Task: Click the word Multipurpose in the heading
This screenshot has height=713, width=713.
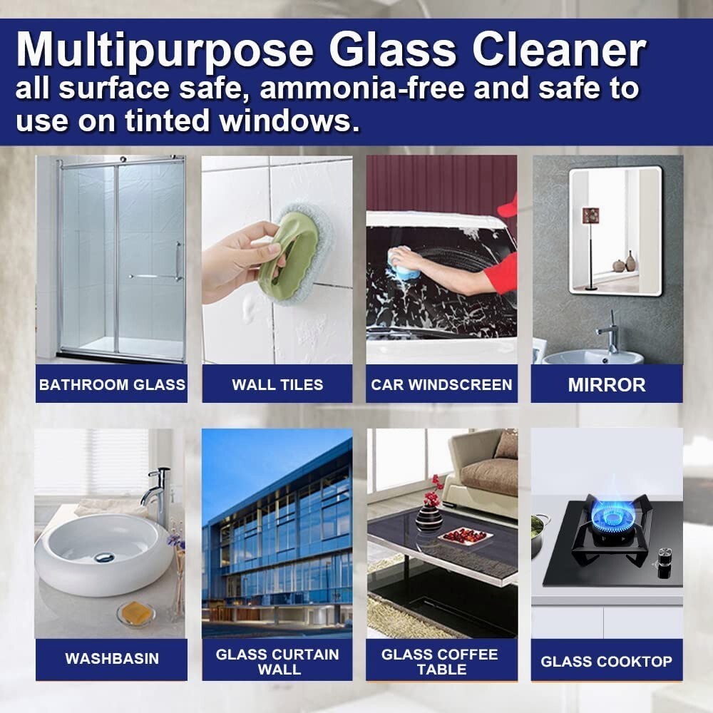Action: click(165, 51)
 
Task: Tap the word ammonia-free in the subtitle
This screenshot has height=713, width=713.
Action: click(362, 88)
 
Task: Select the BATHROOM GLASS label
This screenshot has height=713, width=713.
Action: click(112, 385)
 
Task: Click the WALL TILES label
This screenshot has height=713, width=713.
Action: click(277, 385)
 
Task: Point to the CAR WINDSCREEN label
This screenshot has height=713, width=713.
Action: click(441, 385)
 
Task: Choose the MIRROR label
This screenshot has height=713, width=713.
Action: click(607, 385)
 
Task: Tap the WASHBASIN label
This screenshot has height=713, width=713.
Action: click(112, 658)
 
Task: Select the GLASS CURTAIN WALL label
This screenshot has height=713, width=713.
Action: click(277, 662)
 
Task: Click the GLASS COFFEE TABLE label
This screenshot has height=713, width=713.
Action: click(440, 662)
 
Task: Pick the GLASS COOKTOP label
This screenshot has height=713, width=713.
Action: click(607, 661)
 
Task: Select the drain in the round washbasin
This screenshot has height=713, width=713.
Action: click(103, 557)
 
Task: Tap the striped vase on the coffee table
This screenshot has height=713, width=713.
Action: click(429, 516)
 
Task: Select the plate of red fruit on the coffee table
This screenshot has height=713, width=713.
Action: click(465, 537)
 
